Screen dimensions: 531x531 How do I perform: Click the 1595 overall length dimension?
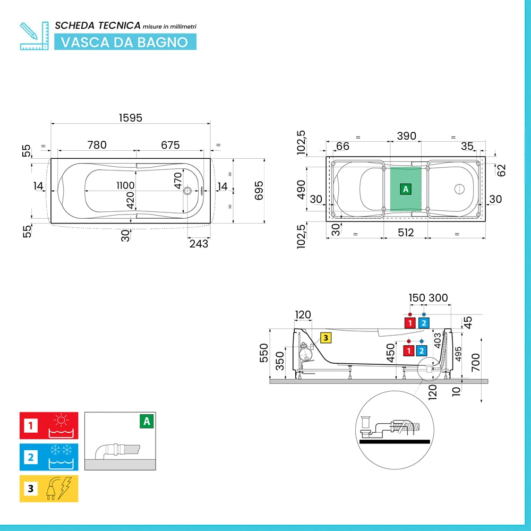(x=131, y=118)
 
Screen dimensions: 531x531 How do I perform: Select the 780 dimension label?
(x=97, y=145)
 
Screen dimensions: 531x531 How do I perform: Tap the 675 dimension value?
(x=170, y=145)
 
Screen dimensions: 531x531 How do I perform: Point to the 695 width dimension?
(x=259, y=190)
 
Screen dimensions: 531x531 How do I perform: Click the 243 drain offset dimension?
(x=199, y=244)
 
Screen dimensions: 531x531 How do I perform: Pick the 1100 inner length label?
(x=125, y=185)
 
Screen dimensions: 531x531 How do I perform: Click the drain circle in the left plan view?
(x=187, y=191)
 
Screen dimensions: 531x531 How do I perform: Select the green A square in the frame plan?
(x=405, y=189)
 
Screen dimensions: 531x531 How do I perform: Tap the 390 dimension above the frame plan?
(x=406, y=136)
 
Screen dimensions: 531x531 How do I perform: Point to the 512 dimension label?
(x=406, y=233)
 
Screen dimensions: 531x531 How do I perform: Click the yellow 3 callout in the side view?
(x=326, y=338)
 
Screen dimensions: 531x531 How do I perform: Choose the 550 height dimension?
(x=264, y=353)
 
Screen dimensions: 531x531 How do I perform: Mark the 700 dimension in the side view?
(x=476, y=362)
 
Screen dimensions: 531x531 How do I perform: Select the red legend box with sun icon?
(x=49, y=425)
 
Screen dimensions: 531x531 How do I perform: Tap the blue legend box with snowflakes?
(x=49, y=457)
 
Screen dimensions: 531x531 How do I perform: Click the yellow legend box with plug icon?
(x=49, y=489)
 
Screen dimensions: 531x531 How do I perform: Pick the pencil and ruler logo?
(x=34, y=36)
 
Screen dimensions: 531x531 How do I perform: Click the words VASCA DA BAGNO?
(x=125, y=42)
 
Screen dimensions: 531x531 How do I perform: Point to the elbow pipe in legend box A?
(x=117, y=451)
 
